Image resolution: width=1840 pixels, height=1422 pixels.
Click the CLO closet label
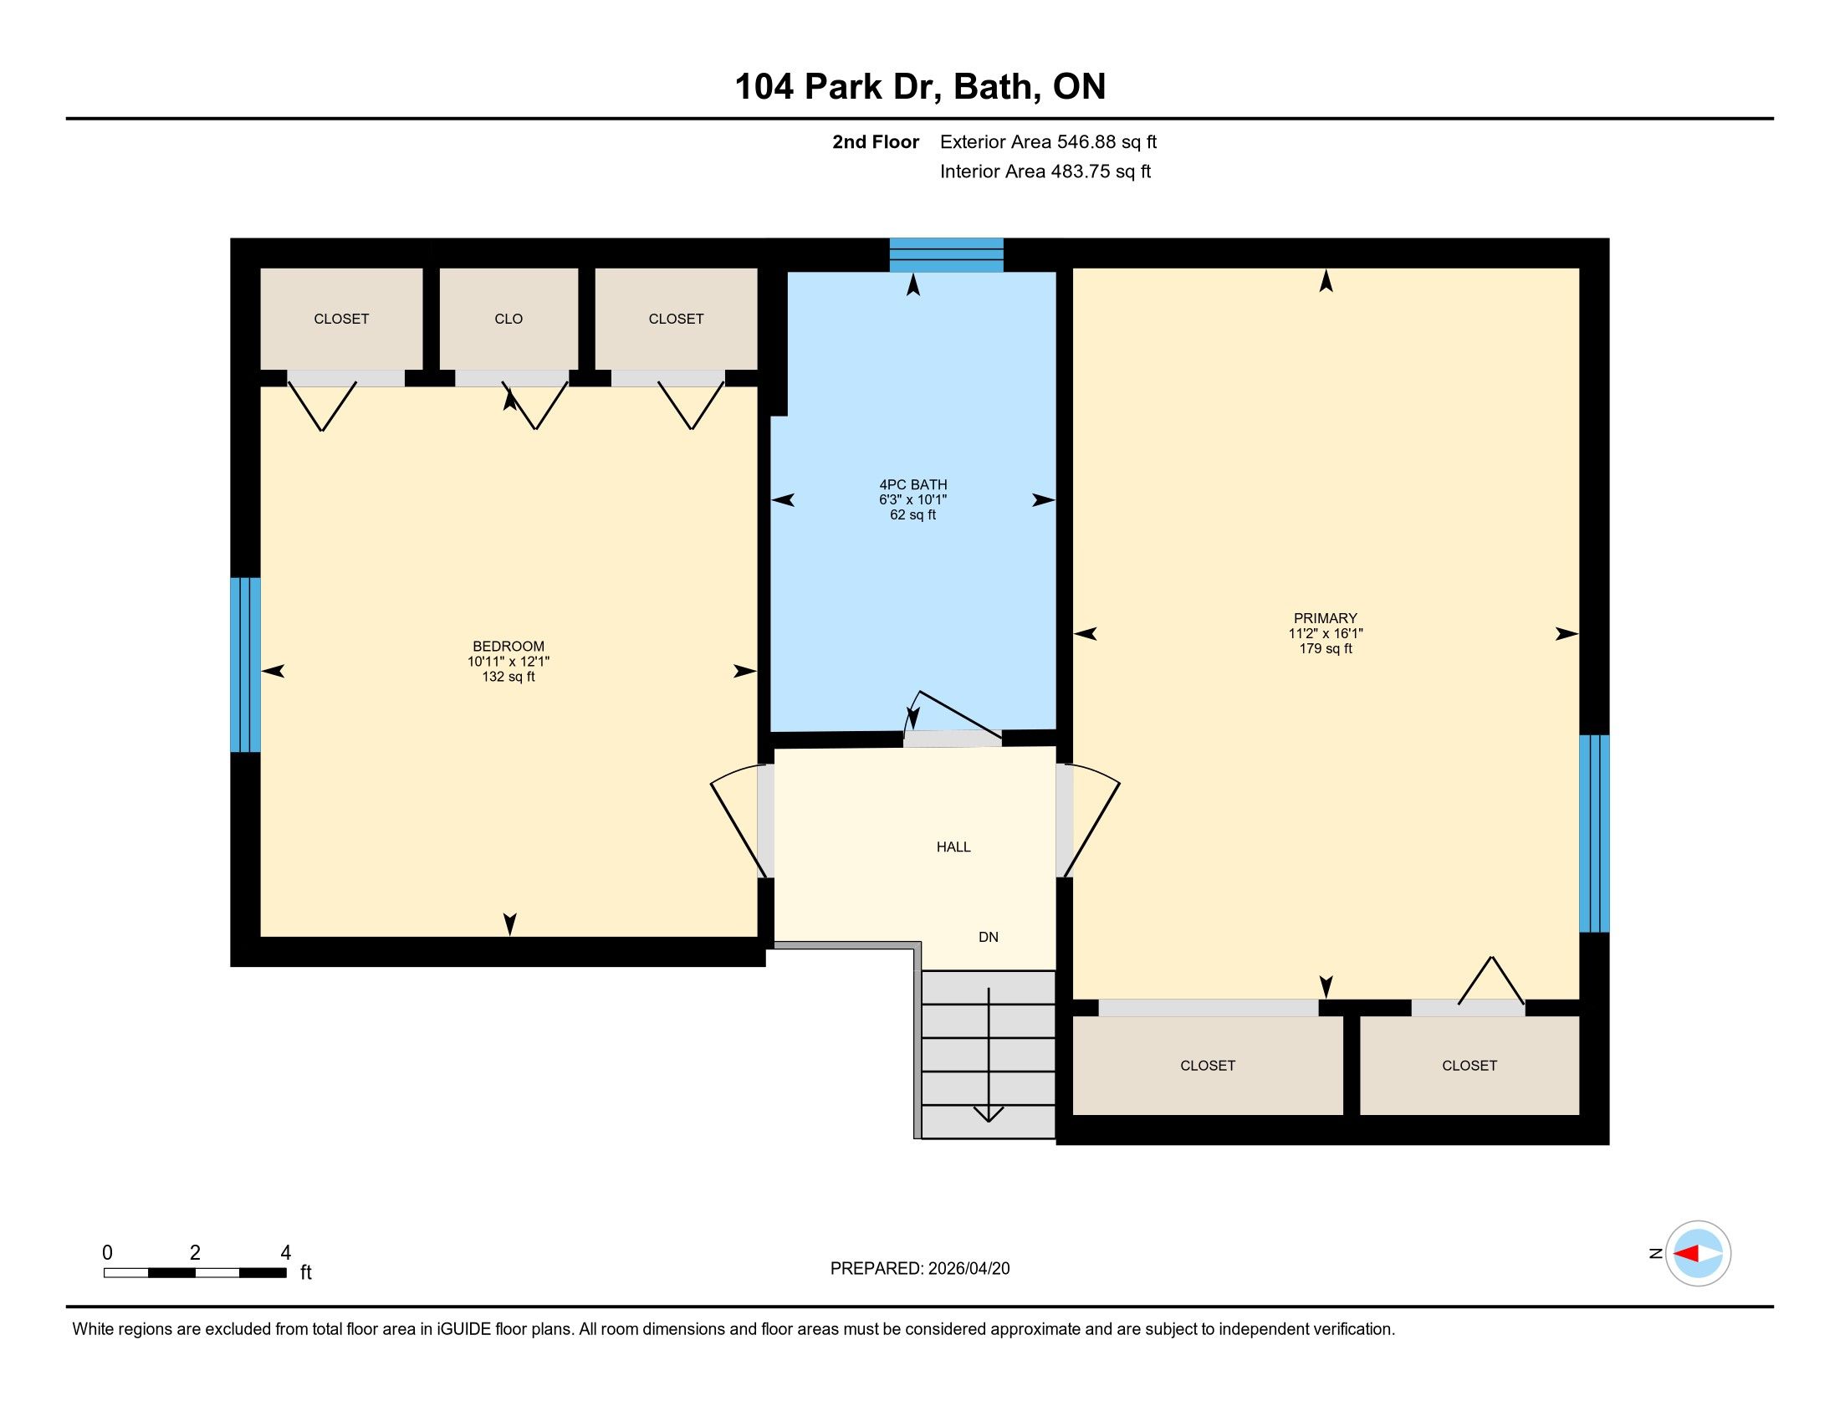pyautogui.click(x=508, y=319)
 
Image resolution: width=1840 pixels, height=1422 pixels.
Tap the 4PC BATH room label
pyautogui.click(x=913, y=484)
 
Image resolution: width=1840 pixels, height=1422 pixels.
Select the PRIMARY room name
pyautogui.click(x=1326, y=618)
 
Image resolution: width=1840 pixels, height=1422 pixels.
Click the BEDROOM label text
pyautogui.click(x=508, y=646)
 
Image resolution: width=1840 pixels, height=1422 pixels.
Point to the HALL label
pyautogui.click(x=953, y=847)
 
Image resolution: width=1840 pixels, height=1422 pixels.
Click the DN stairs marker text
pyautogui.click(x=989, y=937)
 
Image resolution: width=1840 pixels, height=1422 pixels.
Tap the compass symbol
pyautogui.click(x=1698, y=1254)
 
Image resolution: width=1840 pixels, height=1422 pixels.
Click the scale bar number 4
pyautogui.click(x=285, y=1252)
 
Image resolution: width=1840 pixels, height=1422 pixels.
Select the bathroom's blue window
pyautogui.click(x=946, y=254)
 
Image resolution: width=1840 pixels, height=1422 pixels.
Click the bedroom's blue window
pyautogui.click(x=245, y=664)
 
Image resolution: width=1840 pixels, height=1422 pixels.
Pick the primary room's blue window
pyautogui.click(x=1594, y=833)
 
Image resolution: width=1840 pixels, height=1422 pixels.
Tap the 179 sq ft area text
pyautogui.click(x=1326, y=648)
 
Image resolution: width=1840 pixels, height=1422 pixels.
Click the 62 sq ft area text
pyautogui.click(x=913, y=514)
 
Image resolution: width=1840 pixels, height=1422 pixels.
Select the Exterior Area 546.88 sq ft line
pyautogui.click(x=1048, y=141)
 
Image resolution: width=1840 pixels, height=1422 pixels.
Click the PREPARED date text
pyautogui.click(x=920, y=1268)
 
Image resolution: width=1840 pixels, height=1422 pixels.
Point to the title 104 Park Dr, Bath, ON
pyautogui.click(x=920, y=86)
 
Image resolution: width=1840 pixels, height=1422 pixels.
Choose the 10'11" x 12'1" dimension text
pyautogui.click(x=508, y=662)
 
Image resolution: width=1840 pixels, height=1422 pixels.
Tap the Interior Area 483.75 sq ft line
pyautogui.click(x=1045, y=171)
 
